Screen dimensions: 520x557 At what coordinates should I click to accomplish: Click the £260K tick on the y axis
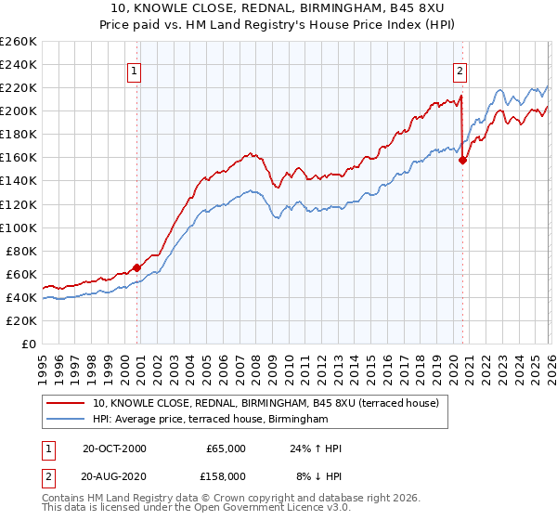(19, 42)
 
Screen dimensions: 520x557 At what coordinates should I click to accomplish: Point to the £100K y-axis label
(19, 227)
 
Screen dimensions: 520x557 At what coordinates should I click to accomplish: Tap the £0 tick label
(30, 344)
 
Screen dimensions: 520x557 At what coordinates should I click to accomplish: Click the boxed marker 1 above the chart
(135, 70)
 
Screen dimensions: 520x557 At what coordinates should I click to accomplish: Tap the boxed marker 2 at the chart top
(459, 70)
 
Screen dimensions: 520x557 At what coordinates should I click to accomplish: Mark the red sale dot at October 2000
(136, 267)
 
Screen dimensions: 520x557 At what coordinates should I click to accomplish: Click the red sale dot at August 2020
(462, 160)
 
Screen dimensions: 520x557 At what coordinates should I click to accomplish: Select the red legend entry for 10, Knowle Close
(271, 403)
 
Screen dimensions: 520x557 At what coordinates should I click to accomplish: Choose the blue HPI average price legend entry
(211, 420)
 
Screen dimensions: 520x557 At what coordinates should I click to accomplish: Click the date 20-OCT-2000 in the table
(114, 448)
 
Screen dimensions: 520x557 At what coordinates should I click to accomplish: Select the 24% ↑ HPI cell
(315, 448)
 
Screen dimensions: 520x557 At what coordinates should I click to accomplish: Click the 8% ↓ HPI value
(315, 476)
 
